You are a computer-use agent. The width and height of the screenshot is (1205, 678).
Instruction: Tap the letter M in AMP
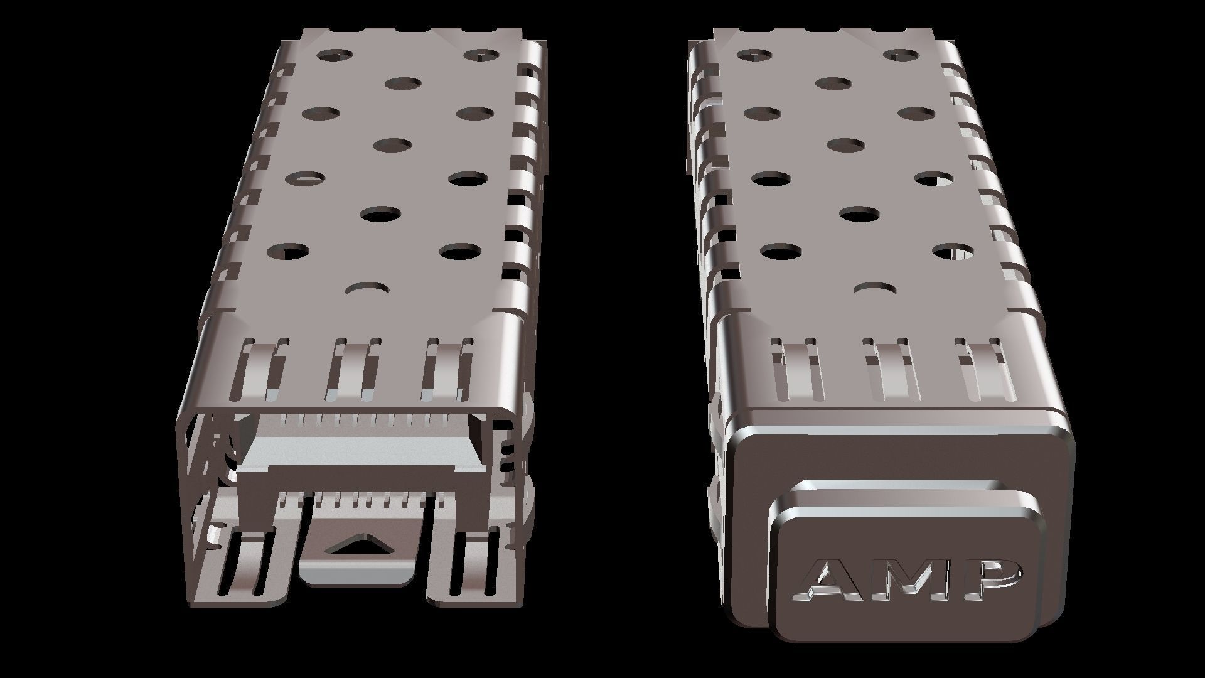pyautogui.click(x=909, y=580)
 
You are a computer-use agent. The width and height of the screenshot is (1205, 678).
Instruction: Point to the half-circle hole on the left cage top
pyautogui.click(x=368, y=288)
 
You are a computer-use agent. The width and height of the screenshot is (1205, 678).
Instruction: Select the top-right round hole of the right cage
pyautogui.click(x=905, y=55)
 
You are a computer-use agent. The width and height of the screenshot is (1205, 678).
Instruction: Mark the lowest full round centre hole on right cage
pyautogui.click(x=859, y=214)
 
